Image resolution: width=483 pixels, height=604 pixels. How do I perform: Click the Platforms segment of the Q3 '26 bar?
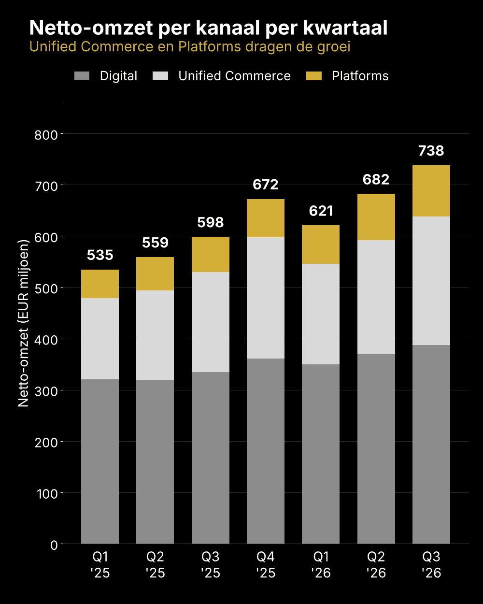point(431,191)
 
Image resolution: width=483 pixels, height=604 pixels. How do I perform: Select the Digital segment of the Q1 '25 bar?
point(100,462)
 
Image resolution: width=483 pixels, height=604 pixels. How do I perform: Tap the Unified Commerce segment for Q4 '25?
point(266,298)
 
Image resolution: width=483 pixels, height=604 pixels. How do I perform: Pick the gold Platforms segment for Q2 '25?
point(155,273)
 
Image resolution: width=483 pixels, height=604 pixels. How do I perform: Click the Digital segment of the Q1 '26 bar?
point(321,454)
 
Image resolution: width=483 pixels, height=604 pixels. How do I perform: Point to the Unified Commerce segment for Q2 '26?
point(376,297)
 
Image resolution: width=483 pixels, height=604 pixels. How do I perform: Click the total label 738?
point(431,151)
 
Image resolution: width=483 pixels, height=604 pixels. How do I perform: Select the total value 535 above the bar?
point(100,255)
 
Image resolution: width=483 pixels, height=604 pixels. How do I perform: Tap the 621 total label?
point(321,211)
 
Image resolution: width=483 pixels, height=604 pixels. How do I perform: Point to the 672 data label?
point(266,185)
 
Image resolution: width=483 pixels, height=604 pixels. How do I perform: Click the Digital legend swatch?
point(82,76)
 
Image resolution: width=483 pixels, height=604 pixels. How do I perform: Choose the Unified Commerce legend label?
point(235,76)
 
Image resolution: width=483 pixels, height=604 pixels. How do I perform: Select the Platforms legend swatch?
point(314,76)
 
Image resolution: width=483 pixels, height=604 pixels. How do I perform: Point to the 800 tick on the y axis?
point(46,135)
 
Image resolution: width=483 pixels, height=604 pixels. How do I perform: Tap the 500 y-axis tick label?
point(46,289)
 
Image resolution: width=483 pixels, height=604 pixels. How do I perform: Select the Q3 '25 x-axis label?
point(211,565)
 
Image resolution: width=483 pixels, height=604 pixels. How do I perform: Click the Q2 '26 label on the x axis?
point(376,565)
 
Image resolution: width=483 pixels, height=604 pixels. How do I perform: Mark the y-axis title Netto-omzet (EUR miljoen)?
point(23,323)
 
